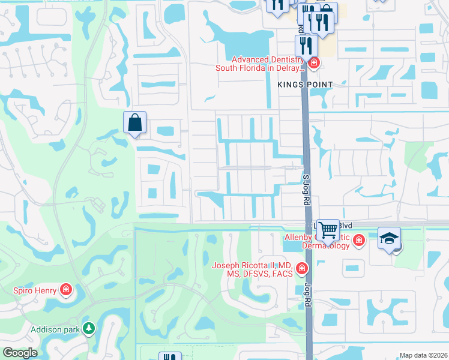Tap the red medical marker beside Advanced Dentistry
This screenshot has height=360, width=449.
click(313, 62)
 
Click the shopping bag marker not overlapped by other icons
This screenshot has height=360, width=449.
click(134, 122)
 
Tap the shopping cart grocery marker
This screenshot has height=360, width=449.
click(328, 229)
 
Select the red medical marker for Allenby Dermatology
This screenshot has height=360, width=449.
click(359, 241)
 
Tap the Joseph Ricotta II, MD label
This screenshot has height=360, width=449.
click(252, 269)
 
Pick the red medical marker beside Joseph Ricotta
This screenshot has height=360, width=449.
click(301, 268)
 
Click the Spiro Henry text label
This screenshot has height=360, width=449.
click(35, 291)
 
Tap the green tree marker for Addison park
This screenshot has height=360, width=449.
click(89, 328)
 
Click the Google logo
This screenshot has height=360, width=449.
click(20, 353)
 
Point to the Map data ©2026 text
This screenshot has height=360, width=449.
click(423, 355)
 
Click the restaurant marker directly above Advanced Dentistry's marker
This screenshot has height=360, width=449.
click(306, 44)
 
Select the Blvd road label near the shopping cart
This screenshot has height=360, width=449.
click(345, 225)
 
